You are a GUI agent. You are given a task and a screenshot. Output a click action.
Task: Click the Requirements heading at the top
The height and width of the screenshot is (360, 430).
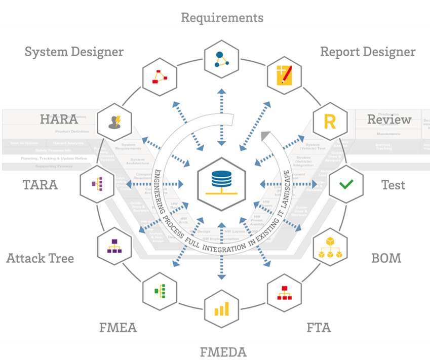[222, 18]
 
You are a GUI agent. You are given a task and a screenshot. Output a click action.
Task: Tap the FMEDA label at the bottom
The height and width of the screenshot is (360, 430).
[223, 351]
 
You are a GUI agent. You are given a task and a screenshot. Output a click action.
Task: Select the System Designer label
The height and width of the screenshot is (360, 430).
[74, 52]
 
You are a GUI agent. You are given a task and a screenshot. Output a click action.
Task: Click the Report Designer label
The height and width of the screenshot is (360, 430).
[368, 52]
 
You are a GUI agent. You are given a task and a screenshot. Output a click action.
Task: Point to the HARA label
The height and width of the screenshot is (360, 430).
[59, 119]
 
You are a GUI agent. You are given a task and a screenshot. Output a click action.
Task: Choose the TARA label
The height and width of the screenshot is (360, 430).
[41, 185]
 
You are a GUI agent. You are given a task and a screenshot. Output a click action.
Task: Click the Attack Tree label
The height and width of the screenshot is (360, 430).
[40, 258]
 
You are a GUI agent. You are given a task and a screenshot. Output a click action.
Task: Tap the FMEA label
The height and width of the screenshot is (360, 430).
[118, 328]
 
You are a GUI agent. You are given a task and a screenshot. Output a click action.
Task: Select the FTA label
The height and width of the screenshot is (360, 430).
[319, 328]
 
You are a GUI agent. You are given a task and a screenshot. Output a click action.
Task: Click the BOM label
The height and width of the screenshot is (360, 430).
[386, 258]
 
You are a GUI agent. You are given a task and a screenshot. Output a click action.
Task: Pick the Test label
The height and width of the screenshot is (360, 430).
[393, 185]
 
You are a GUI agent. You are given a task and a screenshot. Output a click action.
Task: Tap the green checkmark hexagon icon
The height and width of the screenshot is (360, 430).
[346, 184]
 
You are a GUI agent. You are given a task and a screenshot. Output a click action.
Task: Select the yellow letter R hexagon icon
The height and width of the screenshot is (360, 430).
[330, 122]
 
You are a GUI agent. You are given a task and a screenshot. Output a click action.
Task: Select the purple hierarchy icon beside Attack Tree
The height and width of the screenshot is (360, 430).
[114, 248]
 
